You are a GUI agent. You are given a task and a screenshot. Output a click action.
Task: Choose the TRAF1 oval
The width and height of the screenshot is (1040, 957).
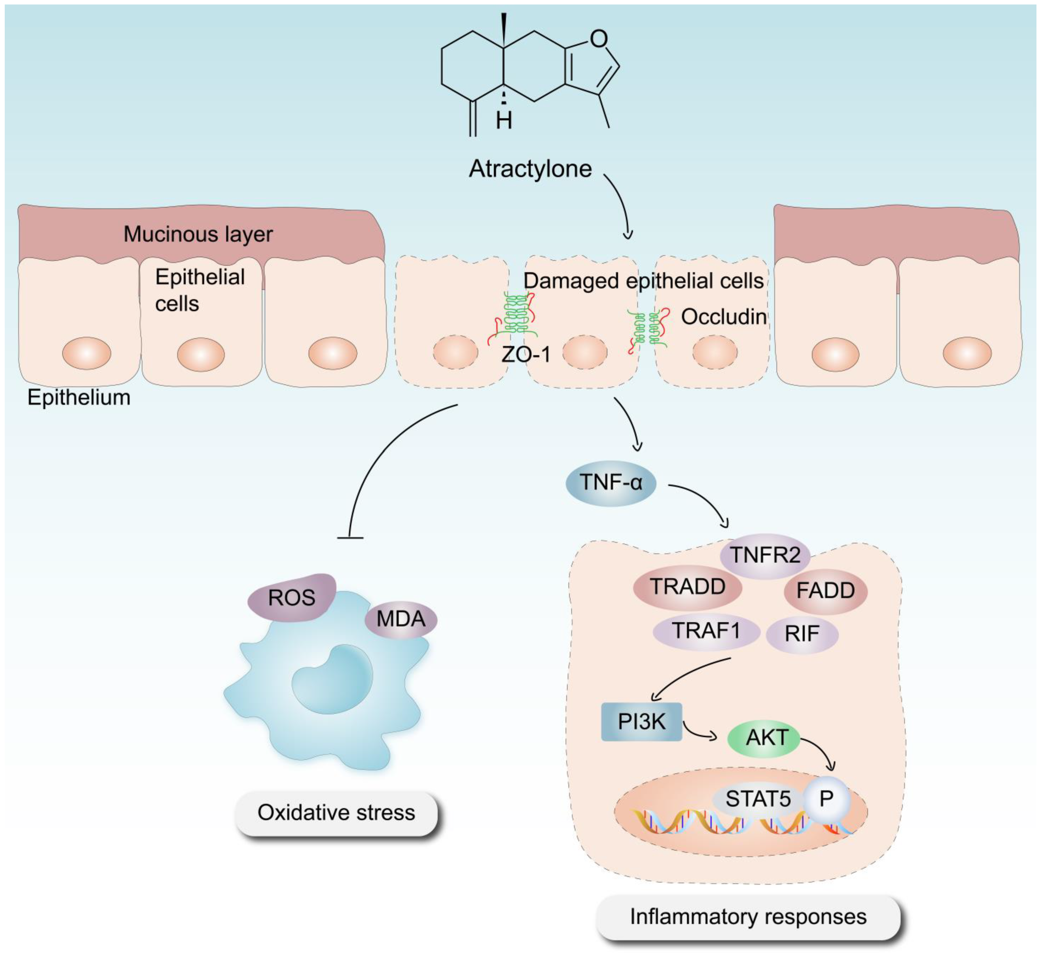tap(706, 631)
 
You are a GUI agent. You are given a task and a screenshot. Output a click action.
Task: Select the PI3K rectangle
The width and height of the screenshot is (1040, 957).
tap(641, 721)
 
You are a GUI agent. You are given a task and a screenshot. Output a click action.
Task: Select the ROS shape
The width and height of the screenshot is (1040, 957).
tap(291, 598)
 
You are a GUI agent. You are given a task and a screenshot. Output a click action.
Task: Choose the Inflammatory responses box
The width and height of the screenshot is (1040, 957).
tap(748, 916)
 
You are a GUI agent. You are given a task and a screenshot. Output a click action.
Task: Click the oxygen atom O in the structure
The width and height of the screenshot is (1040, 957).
tap(599, 38)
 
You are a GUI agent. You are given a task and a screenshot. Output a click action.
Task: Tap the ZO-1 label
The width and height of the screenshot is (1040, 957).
tap(526, 354)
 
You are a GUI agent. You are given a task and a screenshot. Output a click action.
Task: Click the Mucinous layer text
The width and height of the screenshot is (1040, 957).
tap(198, 234)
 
